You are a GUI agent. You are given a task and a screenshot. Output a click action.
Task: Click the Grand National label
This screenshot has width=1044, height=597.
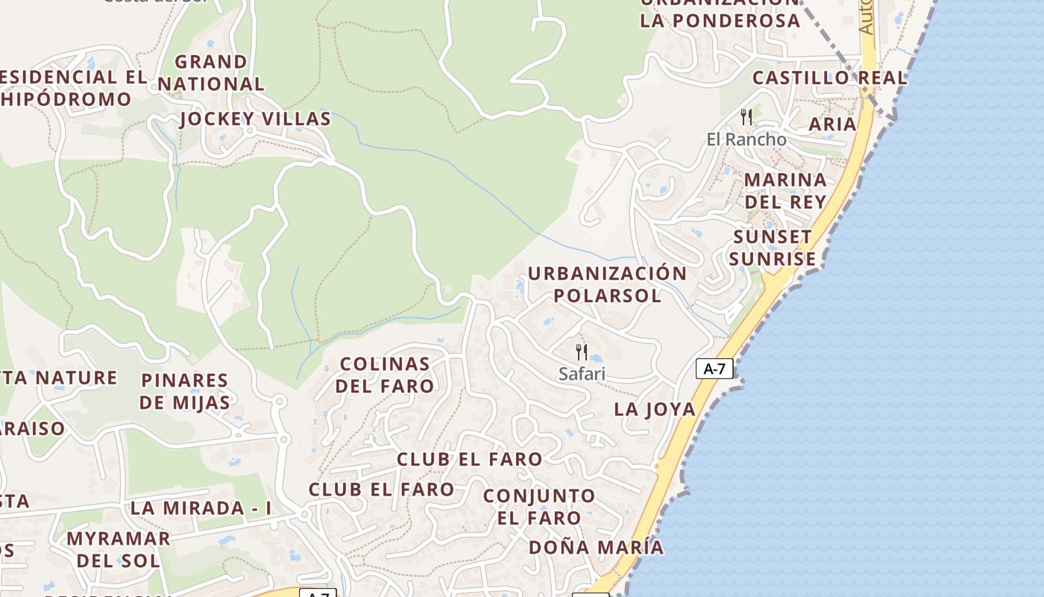click(210, 72)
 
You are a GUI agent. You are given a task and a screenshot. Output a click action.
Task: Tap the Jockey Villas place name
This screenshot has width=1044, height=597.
click(255, 119)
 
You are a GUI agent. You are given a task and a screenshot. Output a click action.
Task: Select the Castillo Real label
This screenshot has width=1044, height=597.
click(829, 78)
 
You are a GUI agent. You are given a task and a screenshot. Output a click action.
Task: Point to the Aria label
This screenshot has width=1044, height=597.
click(832, 124)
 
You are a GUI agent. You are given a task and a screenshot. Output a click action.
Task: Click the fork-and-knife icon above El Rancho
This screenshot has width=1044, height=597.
click(746, 116)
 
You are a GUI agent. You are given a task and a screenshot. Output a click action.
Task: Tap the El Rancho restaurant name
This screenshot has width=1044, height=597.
click(746, 139)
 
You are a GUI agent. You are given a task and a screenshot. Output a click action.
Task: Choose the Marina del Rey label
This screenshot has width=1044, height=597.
click(785, 190)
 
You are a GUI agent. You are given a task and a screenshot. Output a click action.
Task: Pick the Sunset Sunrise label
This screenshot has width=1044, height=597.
click(773, 248)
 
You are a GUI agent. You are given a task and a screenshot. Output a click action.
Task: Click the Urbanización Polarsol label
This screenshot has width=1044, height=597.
click(606, 284)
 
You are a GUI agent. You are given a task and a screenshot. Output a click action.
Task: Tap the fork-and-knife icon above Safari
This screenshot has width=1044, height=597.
click(582, 351)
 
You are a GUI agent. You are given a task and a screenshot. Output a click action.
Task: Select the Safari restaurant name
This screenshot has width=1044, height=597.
click(582, 374)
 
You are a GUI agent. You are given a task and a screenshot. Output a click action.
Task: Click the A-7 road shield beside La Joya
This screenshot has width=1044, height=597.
click(714, 368)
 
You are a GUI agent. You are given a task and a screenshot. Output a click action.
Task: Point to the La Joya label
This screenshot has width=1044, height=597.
click(654, 409)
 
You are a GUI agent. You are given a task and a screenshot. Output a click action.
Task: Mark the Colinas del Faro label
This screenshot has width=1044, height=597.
click(385, 375)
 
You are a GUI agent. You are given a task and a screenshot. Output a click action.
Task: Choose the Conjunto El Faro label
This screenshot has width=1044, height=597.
click(539, 506)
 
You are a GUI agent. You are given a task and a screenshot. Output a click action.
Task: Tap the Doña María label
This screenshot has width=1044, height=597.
click(596, 547)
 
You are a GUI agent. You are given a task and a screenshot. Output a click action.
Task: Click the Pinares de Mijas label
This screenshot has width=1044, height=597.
click(185, 391)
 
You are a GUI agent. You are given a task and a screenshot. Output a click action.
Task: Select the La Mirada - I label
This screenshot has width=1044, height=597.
click(201, 508)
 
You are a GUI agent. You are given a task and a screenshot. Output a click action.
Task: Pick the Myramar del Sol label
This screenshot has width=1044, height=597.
click(118, 548)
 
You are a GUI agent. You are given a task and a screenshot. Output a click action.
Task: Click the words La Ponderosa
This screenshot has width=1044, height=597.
click(720, 20)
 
